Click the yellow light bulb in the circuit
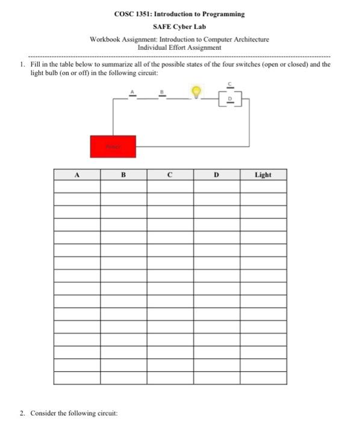pyautogui.click(x=195, y=91)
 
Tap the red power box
pyautogui.click(x=113, y=146)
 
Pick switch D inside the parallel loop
pyautogui.click(x=229, y=99)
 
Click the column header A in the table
pyautogui.click(x=76, y=174)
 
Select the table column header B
pyautogui.click(x=123, y=174)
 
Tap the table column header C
pyautogui.click(x=170, y=174)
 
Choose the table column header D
pyautogui.click(x=216, y=174)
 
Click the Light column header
pyautogui.click(x=262, y=174)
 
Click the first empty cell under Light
pyautogui.click(x=262, y=186)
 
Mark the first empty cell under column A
pyautogui.click(x=76, y=186)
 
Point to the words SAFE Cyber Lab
pyautogui.click(x=179, y=27)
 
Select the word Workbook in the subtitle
pyautogui.click(x=104, y=40)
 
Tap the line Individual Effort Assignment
pyautogui.click(x=179, y=47)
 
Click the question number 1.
pyautogui.click(x=21, y=64)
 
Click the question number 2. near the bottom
pyautogui.click(x=21, y=413)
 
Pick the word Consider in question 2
pyautogui.click(x=42, y=413)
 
